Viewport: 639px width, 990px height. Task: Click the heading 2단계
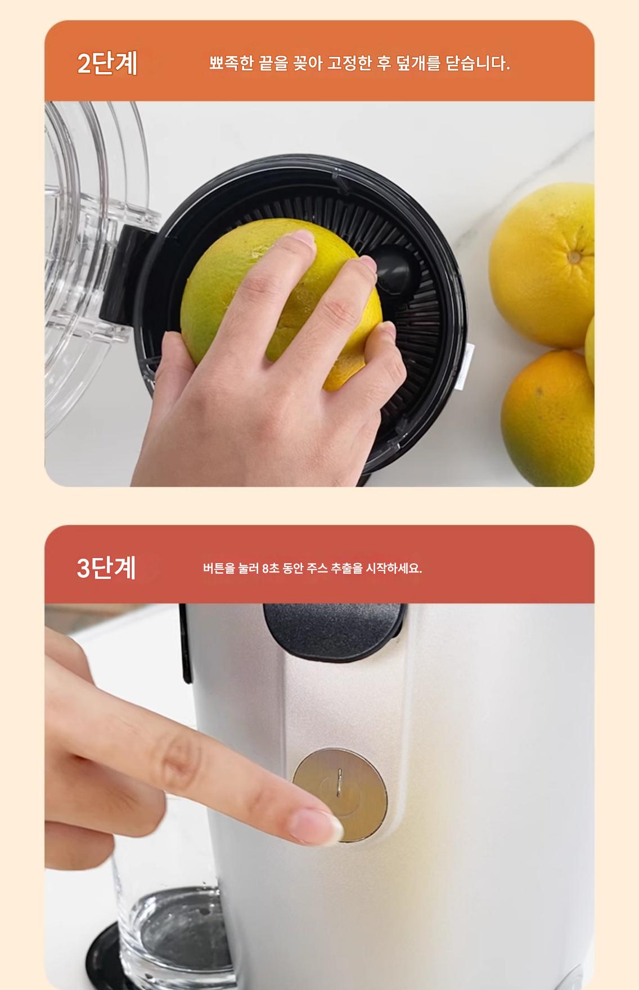107,63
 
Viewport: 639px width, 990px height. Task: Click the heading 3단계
107,567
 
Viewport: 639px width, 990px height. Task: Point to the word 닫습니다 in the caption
476,63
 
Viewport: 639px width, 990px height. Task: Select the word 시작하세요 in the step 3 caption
393,568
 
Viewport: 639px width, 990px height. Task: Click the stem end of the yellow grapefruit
574,257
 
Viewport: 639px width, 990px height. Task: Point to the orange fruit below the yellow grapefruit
547,417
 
